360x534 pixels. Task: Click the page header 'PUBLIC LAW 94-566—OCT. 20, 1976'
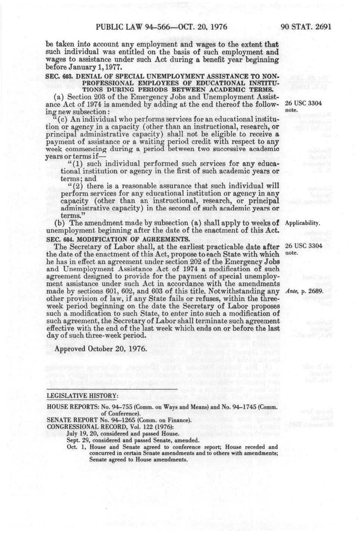pos(162,27)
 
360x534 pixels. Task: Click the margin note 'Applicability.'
pos(303,223)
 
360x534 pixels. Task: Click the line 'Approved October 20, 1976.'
pos(100,349)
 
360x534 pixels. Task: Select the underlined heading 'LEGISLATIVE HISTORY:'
pos(82,396)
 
